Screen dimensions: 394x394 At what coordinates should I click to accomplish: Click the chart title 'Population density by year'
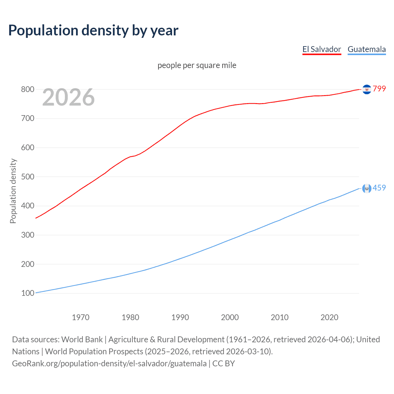[x=93, y=30]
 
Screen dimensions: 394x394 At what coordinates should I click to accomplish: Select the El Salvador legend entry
[x=322, y=49]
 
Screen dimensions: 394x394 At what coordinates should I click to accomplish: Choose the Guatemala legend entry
[x=367, y=49]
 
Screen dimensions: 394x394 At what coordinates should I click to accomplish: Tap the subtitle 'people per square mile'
[x=197, y=65]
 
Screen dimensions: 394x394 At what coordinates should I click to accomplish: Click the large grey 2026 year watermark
[x=68, y=97]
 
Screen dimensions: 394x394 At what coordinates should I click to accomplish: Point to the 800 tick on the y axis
[x=27, y=89]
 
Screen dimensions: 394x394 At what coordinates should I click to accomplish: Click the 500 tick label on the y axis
[x=27, y=177]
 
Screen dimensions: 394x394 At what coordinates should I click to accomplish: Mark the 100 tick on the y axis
[x=27, y=293]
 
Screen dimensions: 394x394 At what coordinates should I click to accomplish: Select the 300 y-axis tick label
[x=27, y=235]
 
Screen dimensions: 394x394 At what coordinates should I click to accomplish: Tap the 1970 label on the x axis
[x=81, y=317]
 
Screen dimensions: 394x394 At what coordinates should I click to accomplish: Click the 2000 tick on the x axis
[x=230, y=317]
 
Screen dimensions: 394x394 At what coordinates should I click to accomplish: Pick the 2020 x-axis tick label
[x=329, y=317]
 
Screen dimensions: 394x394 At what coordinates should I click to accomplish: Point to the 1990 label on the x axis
[x=180, y=317]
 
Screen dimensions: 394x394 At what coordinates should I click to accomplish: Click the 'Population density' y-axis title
[x=13, y=191]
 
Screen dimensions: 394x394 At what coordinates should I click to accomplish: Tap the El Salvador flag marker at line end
[x=367, y=89]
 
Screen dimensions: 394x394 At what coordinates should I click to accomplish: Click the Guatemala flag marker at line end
[x=367, y=188]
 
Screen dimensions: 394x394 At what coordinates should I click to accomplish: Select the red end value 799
[x=379, y=89]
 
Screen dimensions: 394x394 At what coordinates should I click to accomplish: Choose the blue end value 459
[x=379, y=188]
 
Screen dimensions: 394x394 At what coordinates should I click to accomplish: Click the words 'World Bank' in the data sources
[x=82, y=339]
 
